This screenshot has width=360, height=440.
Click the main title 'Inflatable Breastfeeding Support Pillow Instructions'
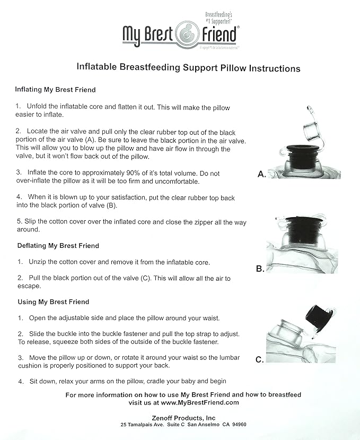click(188, 68)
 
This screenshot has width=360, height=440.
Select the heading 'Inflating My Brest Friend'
click(55, 90)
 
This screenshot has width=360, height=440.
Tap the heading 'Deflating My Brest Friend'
click(57, 246)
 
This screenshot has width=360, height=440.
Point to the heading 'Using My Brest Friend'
click(52, 302)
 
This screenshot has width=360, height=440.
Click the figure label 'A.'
click(261, 174)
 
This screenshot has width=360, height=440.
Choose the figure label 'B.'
click(260, 269)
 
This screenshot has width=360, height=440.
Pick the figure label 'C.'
click(260, 360)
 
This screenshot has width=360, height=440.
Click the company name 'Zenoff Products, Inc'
click(182, 418)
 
